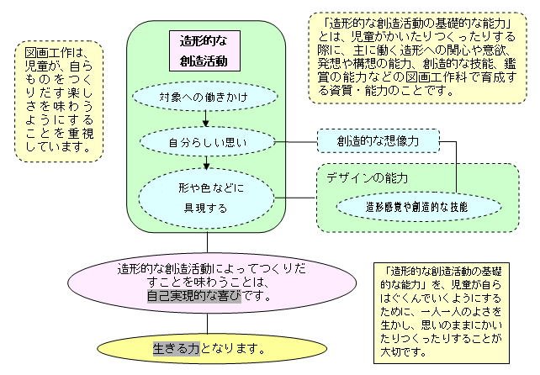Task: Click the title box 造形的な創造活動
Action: coord(204,51)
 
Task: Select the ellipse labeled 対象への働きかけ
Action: coord(205,97)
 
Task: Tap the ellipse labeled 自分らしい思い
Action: coord(207,142)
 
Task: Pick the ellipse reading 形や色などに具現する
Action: coord(206,198)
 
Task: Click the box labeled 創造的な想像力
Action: coord(379,141)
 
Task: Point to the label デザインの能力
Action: coord(367,178)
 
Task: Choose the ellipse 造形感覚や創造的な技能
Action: coord(418,207)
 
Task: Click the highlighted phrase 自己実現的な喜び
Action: coord(194,296)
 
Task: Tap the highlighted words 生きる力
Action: coord(177,349)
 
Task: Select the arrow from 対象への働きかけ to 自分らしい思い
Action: coord(205,119)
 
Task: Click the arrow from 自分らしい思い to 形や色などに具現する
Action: coord(206,163)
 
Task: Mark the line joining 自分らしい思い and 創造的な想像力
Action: coord(296,142)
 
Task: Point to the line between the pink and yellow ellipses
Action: coord(207,324)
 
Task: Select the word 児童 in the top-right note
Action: coord(363,36)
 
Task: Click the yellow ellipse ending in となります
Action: coord(212,349)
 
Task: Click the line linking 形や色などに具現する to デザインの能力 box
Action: coord(294,198)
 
